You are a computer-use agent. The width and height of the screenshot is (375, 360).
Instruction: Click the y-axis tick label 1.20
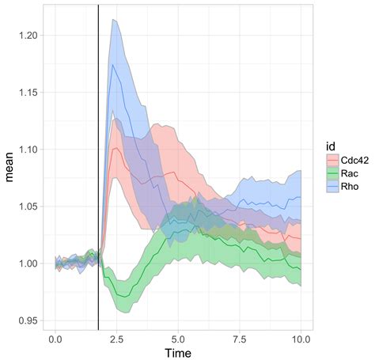pos(24,36)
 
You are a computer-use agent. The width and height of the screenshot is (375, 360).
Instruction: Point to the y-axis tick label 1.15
pos(24,93)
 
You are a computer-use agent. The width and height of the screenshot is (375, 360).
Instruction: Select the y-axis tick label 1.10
pos(24,150)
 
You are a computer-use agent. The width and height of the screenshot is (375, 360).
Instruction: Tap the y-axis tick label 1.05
pos(24,207)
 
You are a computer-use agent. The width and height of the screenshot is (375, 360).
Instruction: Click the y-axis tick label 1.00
pos(24,263)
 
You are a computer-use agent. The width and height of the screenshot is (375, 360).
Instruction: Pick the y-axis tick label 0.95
pos(24,320)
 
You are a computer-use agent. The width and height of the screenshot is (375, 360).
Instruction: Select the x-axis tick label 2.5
pos(116,338)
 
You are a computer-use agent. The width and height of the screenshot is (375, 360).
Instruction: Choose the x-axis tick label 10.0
pos(301,338)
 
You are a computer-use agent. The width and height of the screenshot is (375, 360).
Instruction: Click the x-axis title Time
pos(178,352)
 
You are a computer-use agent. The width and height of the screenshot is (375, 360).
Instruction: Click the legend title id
pos(331,146)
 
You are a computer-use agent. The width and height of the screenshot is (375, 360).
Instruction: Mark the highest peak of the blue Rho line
pos(114,65)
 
